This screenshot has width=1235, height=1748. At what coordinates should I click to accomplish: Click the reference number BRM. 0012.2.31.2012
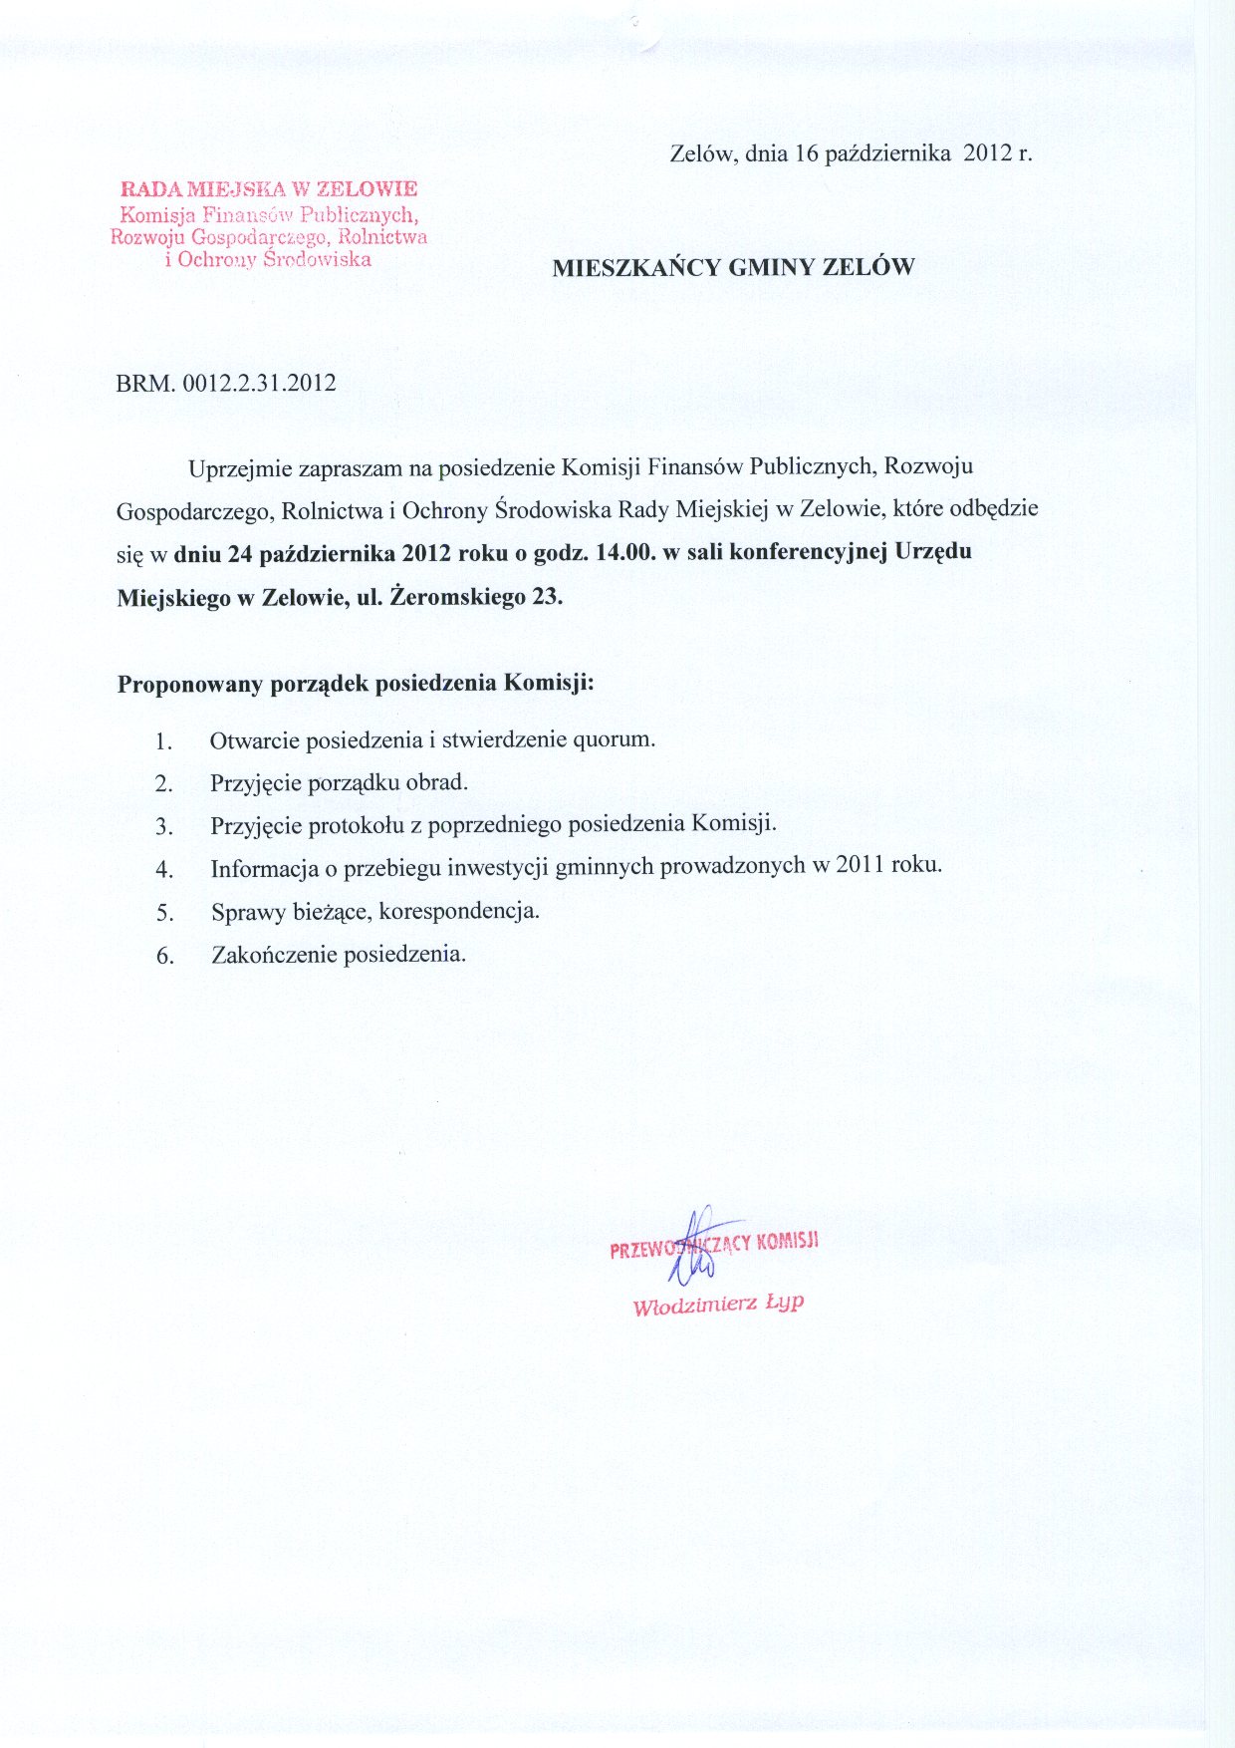tap(226, 383)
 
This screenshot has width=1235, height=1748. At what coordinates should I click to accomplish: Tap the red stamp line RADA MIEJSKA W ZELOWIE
tap(268, 187)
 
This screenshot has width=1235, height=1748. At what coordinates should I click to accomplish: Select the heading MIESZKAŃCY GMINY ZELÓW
tap(733, 267)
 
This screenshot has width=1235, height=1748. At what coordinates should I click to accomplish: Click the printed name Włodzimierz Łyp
tap(718, 1305)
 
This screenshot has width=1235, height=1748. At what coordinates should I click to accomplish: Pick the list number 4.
tap(164, 869)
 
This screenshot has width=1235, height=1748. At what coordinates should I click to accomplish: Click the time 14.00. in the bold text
tap(624, 552)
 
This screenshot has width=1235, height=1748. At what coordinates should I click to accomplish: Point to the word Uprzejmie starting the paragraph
tap(235, 467)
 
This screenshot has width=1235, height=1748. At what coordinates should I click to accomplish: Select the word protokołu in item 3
tap(367, 825)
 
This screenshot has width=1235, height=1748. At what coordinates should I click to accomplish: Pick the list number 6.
tap(164, 956)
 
